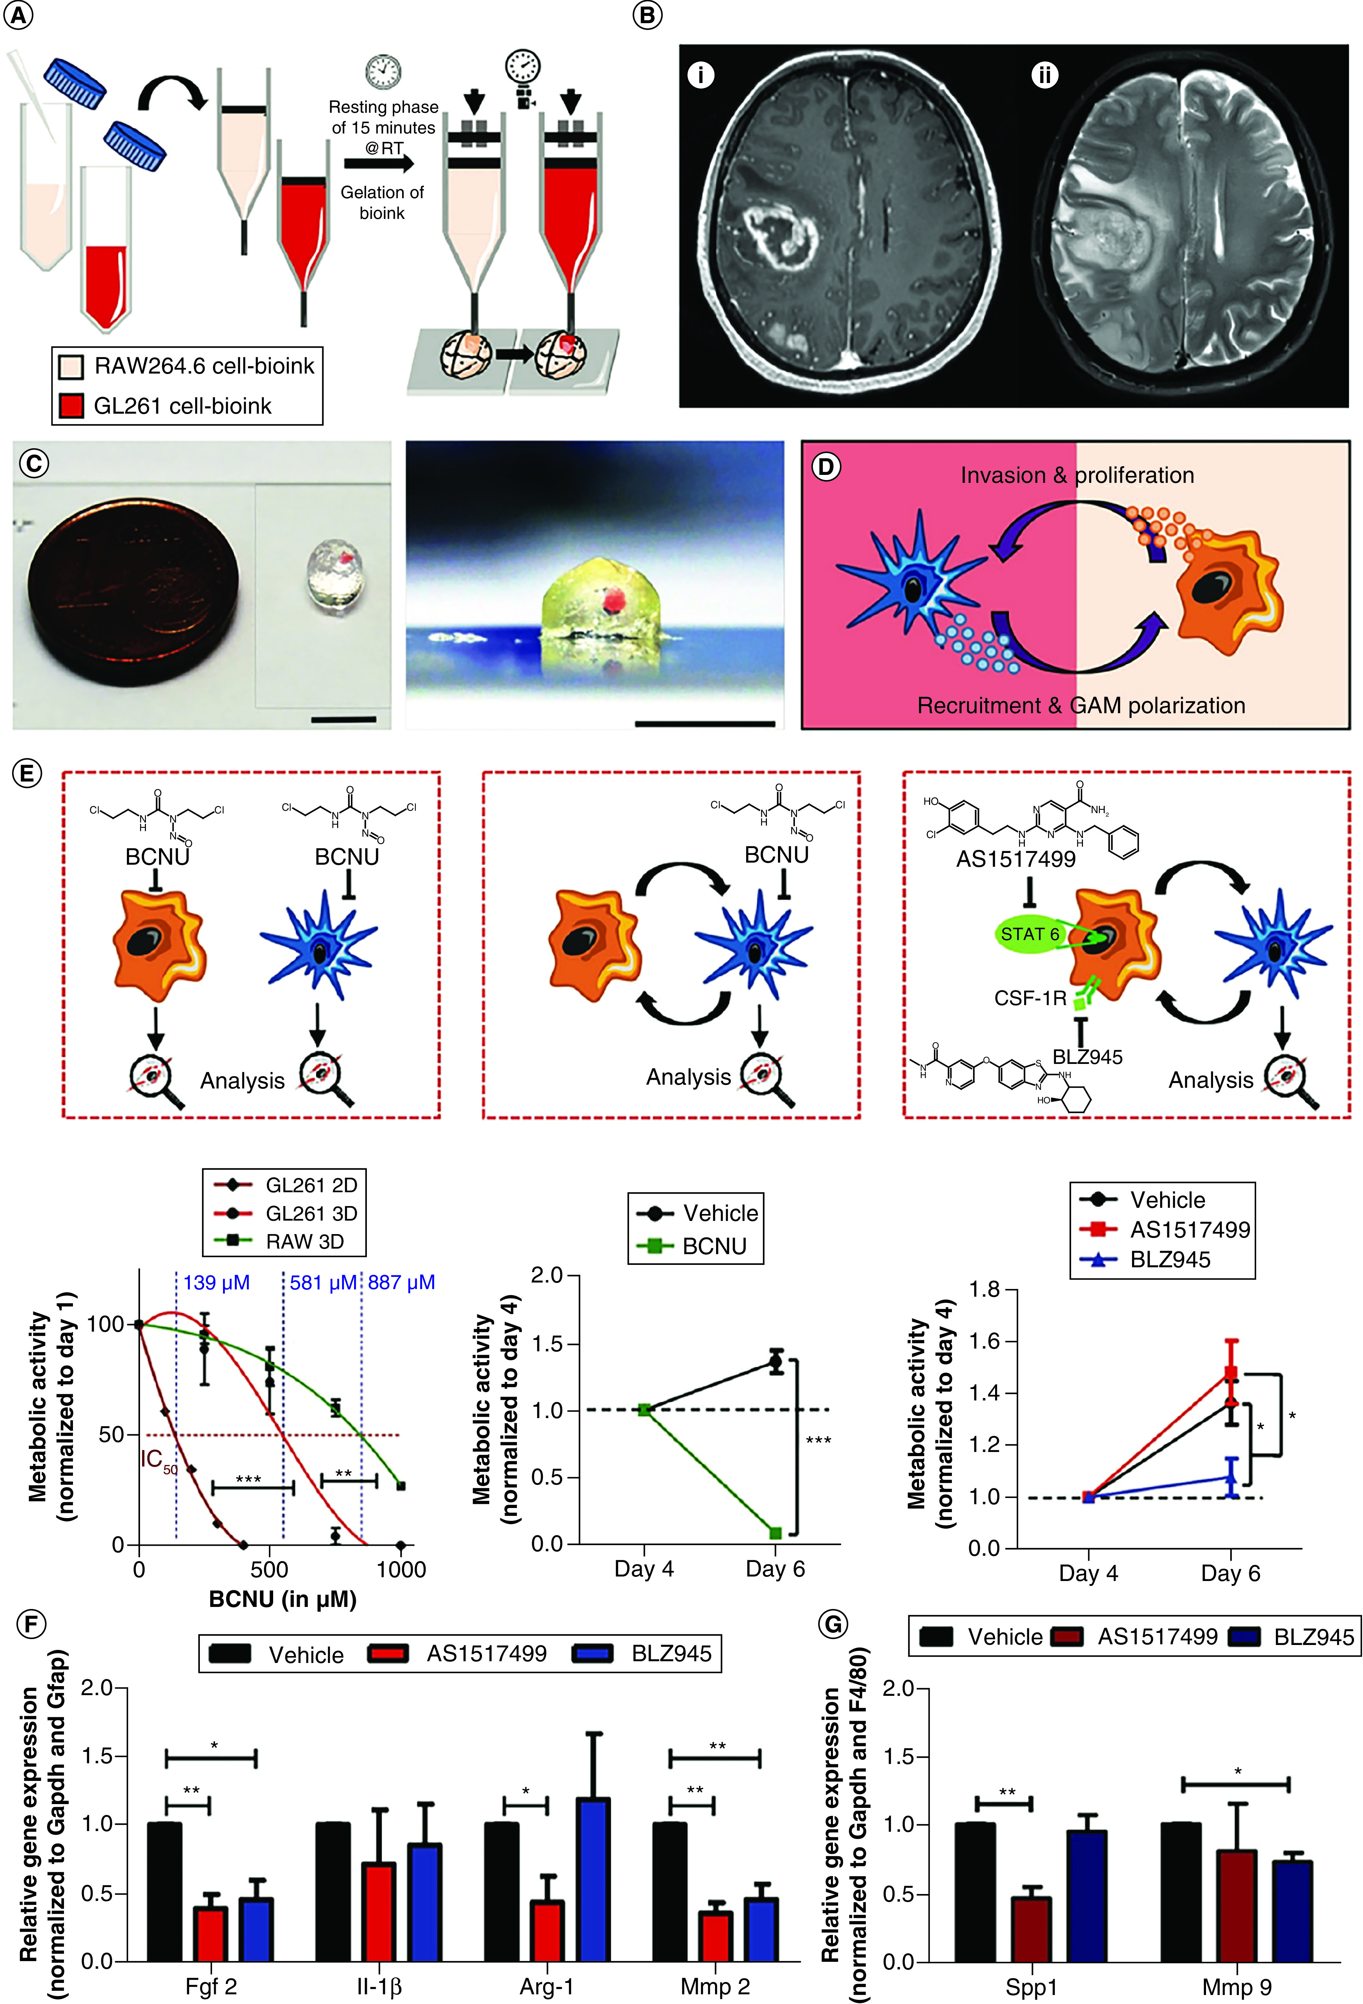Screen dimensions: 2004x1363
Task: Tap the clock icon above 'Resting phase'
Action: tap(383, 71)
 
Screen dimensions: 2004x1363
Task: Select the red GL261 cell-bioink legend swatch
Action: tap(71, 405)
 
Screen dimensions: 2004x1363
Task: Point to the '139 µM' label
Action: tap(216, 1282)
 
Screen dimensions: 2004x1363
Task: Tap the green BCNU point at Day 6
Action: tap(775, 1533)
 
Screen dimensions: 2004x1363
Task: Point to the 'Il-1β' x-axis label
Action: tap(379, 1987)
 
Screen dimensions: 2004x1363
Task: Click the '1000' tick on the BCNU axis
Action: tap(401, 1569)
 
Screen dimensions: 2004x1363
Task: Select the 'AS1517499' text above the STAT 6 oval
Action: tap(1016, 859)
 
